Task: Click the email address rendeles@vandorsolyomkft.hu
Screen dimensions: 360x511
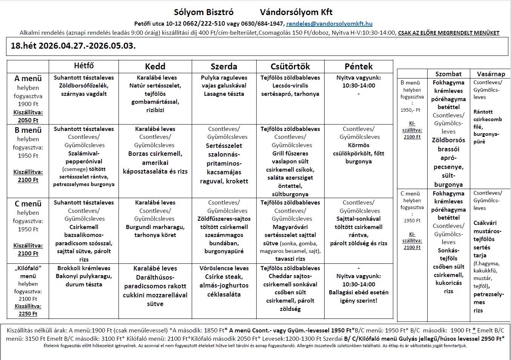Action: tap(329, 23)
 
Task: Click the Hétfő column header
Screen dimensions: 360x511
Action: tap(84, 66)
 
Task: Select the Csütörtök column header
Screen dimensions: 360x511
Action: tap(290, 66)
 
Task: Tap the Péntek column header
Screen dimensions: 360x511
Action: tap(359, 66)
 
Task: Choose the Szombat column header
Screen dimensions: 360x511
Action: tap(448, 74)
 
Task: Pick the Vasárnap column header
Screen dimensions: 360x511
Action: tap(491, 74)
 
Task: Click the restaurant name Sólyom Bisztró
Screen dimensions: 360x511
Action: tap(203, 12)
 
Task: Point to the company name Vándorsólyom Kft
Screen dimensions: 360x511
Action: tap(296, 12)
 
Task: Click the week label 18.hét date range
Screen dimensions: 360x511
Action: tap(73, 46)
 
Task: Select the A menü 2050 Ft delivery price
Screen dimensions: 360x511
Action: tap(28, 120)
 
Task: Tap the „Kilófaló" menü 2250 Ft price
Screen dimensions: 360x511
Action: tap(28, 313)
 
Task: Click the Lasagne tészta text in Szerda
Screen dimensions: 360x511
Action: tap(224, 94)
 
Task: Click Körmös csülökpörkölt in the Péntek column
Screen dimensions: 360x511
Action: tap(359, 149)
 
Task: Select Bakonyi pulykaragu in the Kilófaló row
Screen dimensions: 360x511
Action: tap(84, 276)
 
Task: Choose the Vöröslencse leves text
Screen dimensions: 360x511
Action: tap(224, 268)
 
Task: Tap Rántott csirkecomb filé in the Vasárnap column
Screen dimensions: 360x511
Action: tap(488, 119)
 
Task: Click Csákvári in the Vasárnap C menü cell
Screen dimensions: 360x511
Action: tap(485, 223)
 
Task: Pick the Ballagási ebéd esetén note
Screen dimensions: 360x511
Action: tap(359, 292)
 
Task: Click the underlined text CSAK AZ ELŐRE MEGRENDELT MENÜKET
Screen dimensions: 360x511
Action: tap(448, 33)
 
